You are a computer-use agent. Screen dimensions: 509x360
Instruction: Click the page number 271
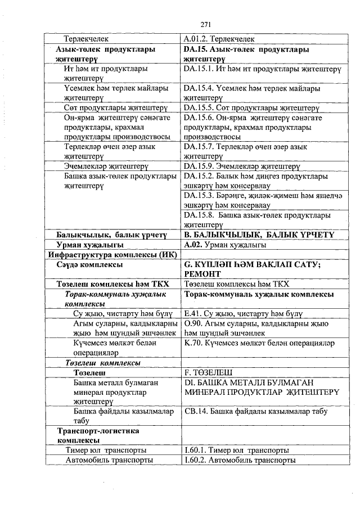(205, 24)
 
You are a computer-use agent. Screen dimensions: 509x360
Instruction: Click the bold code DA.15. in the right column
(197, 49)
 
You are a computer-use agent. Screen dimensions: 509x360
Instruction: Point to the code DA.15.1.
(200, 69)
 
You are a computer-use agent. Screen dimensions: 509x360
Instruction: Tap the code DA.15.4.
(200, 88)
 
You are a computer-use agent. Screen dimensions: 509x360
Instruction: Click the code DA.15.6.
(200, 118)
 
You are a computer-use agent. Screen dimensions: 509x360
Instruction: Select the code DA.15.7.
(200, 147)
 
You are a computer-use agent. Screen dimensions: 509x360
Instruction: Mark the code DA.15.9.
(200, 166)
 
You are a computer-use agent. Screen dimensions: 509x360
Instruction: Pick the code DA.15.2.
(200, 176)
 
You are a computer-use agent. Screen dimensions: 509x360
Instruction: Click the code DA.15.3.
(200, 196)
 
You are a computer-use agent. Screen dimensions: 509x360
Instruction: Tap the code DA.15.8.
(200, 215)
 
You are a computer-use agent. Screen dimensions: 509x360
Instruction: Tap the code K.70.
(195, 342)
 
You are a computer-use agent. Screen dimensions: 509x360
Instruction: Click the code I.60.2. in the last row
(196, 460)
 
